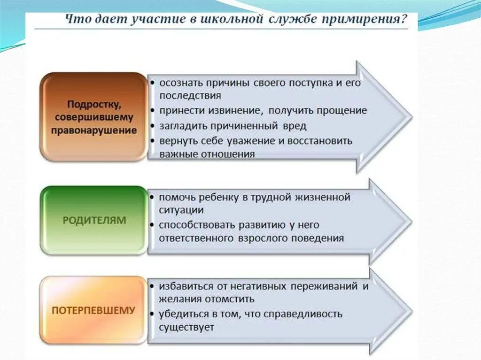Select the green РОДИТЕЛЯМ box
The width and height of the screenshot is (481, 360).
click(94, 220)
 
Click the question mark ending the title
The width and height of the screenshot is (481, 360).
click(403, 20)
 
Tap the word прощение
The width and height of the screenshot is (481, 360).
click(342, 111)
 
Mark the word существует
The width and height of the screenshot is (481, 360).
click(186, 327)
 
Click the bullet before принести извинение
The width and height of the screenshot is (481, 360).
click(154, 111)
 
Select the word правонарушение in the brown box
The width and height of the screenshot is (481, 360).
click(94, 130)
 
